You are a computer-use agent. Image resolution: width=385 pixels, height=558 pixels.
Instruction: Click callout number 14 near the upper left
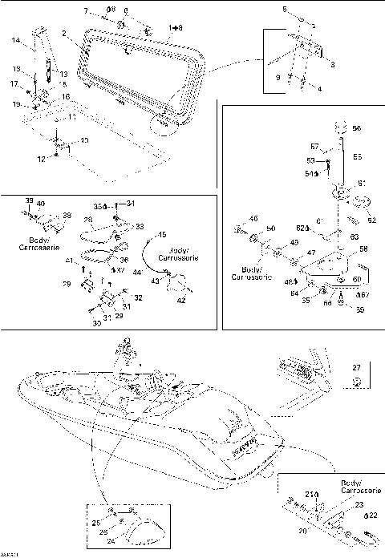click(x=15, y=40)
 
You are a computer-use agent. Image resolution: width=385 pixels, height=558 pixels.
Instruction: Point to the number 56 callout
click(x=357, y=128)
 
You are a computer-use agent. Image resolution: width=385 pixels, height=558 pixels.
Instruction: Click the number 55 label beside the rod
click(x=357, y=157)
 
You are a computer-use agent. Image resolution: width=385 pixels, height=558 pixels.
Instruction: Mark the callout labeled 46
click(x=253, y=218)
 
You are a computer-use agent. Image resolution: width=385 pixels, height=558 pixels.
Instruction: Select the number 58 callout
click(x=363, y=249)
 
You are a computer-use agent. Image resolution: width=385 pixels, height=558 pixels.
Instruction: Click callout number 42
click(x=181, y=300)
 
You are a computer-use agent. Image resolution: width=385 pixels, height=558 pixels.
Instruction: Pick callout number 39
click(x=29, y=200)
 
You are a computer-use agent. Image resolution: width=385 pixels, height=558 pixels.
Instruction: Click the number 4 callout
click(x=319, y=89)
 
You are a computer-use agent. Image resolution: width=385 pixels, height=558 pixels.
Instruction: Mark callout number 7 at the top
click(x=86, y=10)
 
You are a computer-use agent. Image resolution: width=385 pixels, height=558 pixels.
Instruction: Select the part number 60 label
click(x=357, y=279)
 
